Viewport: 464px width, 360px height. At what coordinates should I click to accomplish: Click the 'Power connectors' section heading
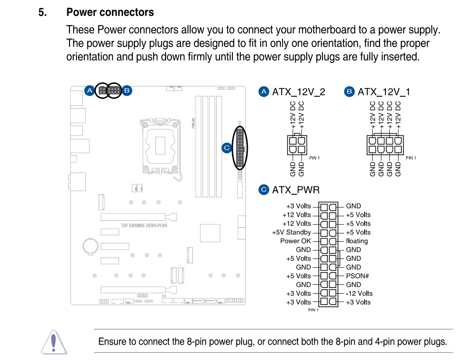point(110,12)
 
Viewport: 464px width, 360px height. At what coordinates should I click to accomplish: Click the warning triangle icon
point(53,342)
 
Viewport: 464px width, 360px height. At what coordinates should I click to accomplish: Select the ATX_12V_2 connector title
point(298,92)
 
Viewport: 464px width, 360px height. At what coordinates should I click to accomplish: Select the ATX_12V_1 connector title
point(384,92)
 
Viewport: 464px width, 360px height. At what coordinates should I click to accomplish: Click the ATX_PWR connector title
point(296,190)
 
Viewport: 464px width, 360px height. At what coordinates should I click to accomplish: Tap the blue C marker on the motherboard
point(227,148)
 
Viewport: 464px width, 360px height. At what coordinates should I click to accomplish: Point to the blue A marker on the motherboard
point(89,91)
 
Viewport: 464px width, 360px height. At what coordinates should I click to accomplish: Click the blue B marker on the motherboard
point(127,91)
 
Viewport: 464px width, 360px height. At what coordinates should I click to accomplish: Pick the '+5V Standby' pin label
point(291,232)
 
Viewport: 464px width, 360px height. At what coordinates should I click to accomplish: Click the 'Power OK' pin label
point(295,241)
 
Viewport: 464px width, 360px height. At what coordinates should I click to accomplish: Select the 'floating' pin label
point(356,241)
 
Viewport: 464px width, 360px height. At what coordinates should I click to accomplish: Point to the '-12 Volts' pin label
point(359,293)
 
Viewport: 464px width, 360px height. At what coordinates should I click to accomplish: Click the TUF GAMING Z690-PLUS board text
point(144,225)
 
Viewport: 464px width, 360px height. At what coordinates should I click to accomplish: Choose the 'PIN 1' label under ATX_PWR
point(313,310)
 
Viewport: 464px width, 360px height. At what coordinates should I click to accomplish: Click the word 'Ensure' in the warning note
point(111,342)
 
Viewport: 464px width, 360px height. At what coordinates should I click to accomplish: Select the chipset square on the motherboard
point(210,233)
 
